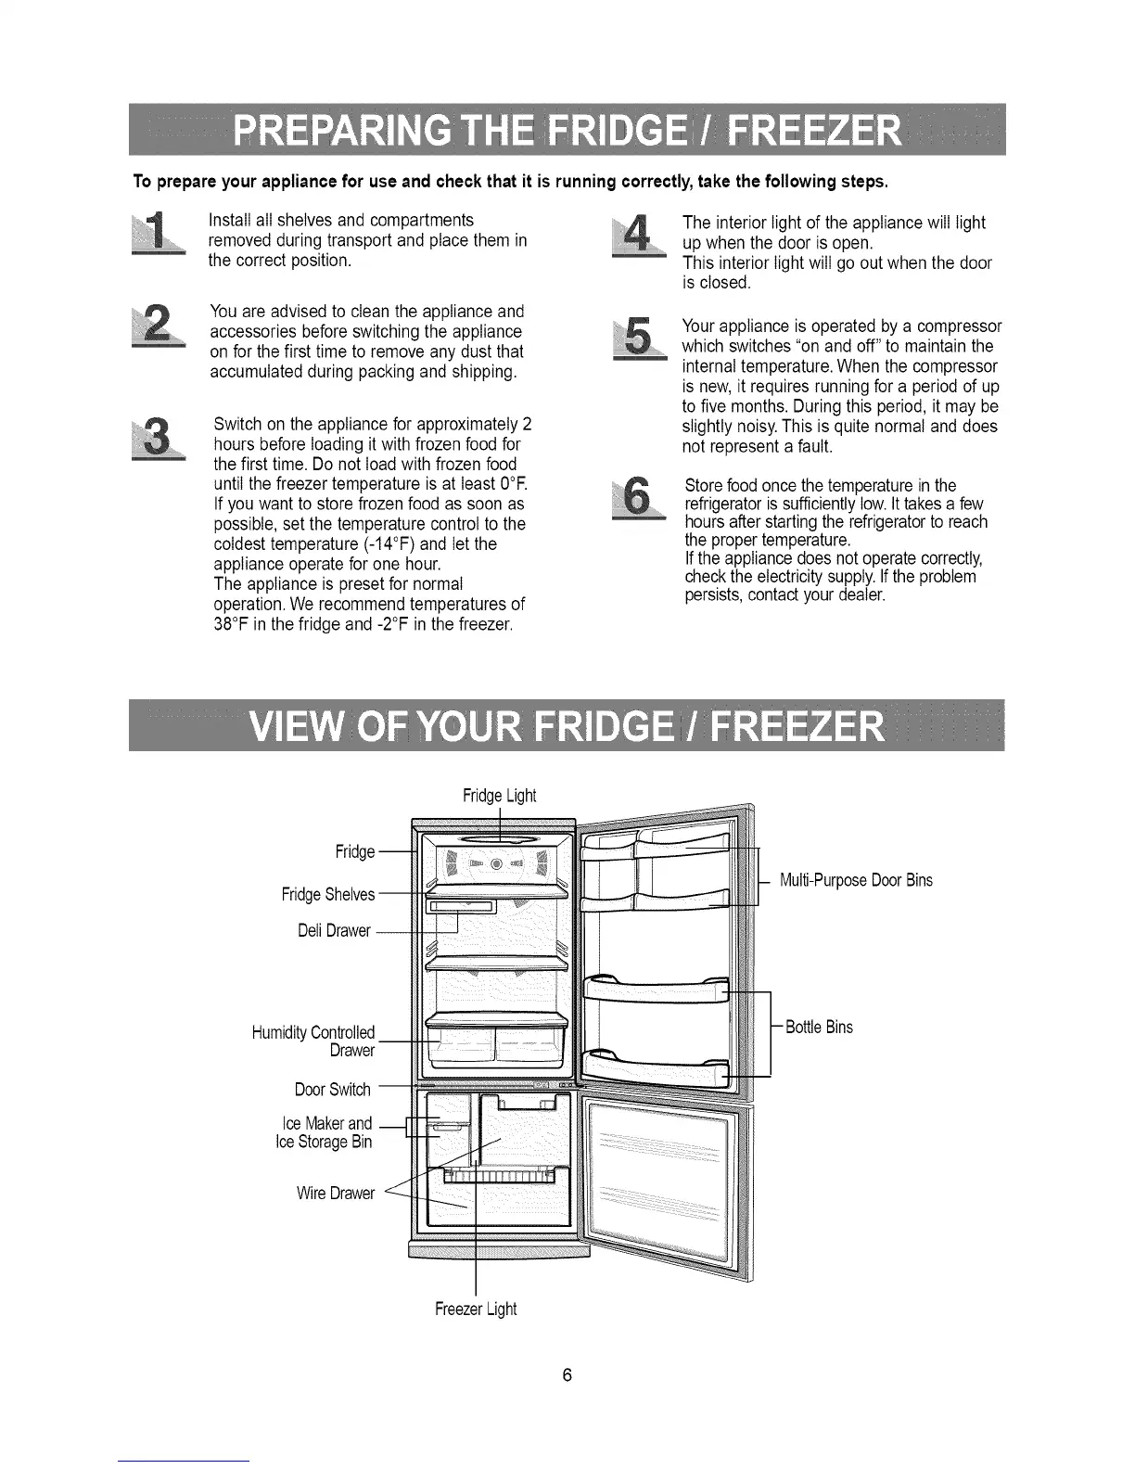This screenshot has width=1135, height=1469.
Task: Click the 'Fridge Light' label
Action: pyautogui.click(x=499, y=796)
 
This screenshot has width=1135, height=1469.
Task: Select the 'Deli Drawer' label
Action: pyautogui.click(x=335, y=930)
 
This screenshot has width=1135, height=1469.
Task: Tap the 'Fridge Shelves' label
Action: pyautogui.click(x=328, y=894)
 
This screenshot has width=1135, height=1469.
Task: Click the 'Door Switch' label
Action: pyautogui.click(x=332, y=1089)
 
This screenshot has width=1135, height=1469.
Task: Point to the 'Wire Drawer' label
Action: pyautogui.click(x=335, y=1193)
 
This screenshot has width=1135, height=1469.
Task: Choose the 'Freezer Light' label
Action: pyautogui.click(x=476, y=1309)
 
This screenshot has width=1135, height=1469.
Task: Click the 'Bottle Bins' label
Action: pyautogui.click(x=819, y=1027)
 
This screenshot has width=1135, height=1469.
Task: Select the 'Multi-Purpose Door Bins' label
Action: pyautogui.click(x=856, y=880)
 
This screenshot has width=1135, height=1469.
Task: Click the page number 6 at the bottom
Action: pyautogui.click(x=567, y=1374)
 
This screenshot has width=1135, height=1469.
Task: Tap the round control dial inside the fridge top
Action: pyautogui.click(x=496, y=863)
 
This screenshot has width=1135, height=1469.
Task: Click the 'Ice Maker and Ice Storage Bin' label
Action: pyautogui.click(x=325, y=1132)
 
